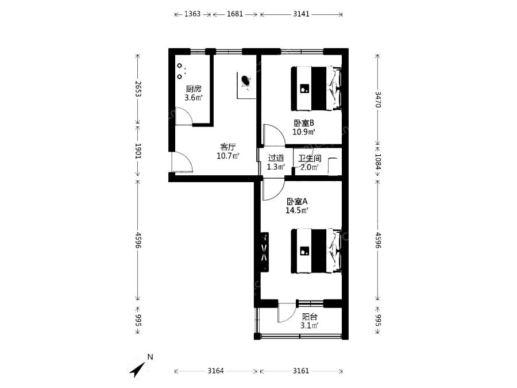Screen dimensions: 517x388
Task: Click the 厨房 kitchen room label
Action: click(194, 89)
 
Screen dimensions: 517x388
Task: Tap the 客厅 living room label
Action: click(228, 147)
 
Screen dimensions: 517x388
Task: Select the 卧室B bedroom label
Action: click(304, 123)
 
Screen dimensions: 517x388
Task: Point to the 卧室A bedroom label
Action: click(297, 201)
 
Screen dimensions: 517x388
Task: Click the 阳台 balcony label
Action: click(310, 317)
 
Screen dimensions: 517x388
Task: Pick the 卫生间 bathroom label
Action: click(310, 159)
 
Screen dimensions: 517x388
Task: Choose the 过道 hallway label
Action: click(276, 158)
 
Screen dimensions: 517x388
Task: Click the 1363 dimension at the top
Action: click(192, 14)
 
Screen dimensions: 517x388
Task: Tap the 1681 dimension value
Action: click(235, 14)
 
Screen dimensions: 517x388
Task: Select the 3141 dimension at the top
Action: click(302, 14)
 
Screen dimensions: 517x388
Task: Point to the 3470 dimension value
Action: click(378, 99)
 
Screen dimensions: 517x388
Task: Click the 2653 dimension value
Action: click(138, 89)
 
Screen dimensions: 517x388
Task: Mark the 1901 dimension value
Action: click(138, 151)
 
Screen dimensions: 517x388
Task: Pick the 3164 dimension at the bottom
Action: click(215, 371)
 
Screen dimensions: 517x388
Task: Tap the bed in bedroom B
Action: click(316, 89)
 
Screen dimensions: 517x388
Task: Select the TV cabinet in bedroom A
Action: click(264, 252)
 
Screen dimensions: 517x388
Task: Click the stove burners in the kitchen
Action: click(180, 71)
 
